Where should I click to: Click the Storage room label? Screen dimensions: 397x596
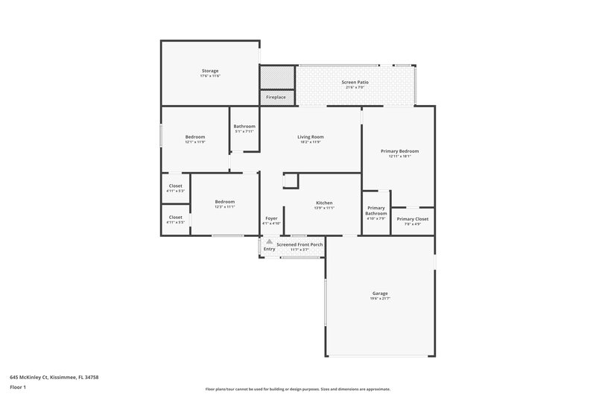[209, 71]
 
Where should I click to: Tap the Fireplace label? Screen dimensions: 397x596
[277, 97]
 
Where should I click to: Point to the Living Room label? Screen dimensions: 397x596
[310, 137]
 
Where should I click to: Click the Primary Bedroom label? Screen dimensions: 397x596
[399, 151]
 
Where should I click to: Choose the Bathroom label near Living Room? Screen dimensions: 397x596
[244, 127]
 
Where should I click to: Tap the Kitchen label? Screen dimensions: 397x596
[324, 203]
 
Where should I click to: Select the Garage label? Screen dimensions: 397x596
[380, 293]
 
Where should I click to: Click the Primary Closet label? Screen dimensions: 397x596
[412, 219]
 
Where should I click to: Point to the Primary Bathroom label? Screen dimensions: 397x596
[376, 211]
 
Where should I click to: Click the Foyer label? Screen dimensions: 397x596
[272, 218]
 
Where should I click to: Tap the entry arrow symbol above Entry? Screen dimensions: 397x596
[269, 241]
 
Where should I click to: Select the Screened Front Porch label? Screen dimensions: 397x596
[299, 244]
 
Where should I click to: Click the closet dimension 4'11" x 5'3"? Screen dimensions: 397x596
[176, 191]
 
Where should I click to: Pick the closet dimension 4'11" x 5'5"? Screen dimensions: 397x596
[176, 222]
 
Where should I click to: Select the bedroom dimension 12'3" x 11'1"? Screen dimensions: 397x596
[225, 207]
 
